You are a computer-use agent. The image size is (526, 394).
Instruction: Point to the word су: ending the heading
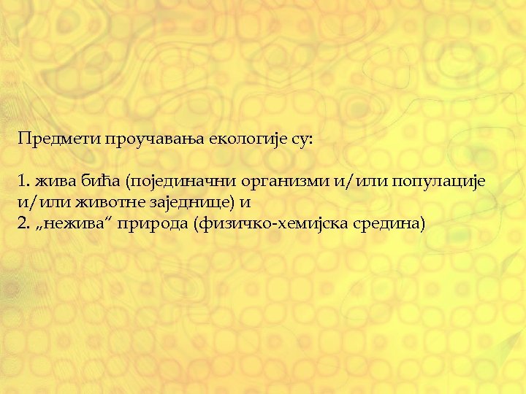(x=300, y=138)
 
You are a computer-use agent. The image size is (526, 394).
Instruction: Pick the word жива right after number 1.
(x=53, y=180)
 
